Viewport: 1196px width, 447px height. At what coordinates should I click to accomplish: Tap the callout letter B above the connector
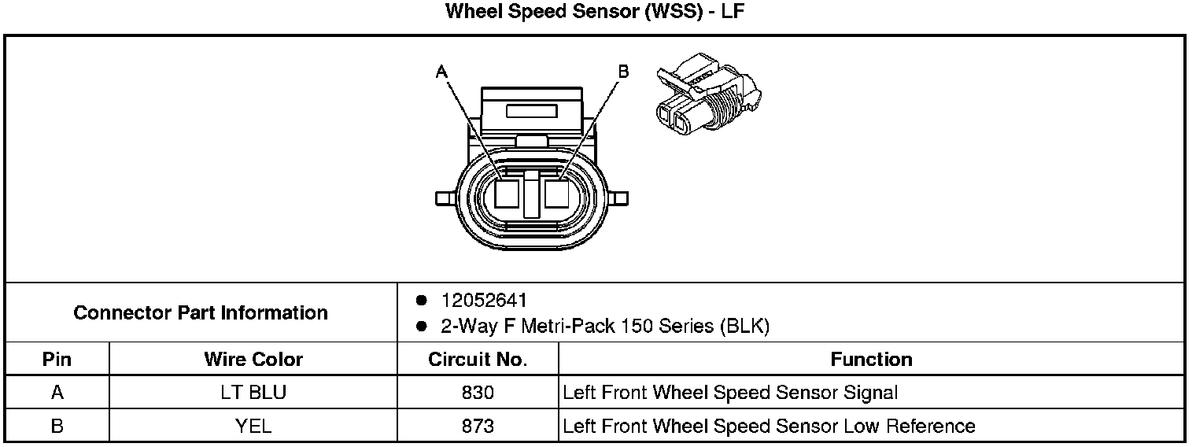(623, 72)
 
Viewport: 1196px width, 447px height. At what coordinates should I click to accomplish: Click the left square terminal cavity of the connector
(508, 193)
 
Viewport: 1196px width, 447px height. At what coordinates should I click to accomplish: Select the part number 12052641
(484, 301)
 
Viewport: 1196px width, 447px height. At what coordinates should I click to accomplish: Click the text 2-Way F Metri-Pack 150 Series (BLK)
(605, 326)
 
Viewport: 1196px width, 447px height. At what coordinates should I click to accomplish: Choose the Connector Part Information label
(201, 312)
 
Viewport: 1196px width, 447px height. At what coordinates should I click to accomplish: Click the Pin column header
(57, 360)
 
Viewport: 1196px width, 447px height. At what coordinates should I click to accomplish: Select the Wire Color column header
(253, 360)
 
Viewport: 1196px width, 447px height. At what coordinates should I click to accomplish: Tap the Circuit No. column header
(478, 360)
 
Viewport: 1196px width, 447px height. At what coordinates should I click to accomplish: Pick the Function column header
(871, 360)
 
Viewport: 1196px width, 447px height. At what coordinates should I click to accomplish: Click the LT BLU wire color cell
(253, 393)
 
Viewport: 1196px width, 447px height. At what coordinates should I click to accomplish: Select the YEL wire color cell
(253, 426)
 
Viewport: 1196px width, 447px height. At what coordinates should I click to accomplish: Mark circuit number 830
(478, 393)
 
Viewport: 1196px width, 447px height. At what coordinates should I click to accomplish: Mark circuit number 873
(478, 426)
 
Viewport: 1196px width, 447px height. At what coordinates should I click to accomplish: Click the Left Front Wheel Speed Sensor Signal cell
(730, 393)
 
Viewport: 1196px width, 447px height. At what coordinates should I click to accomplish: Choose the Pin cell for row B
(57, 426)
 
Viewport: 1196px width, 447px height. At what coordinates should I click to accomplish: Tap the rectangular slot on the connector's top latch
(533, 111)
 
